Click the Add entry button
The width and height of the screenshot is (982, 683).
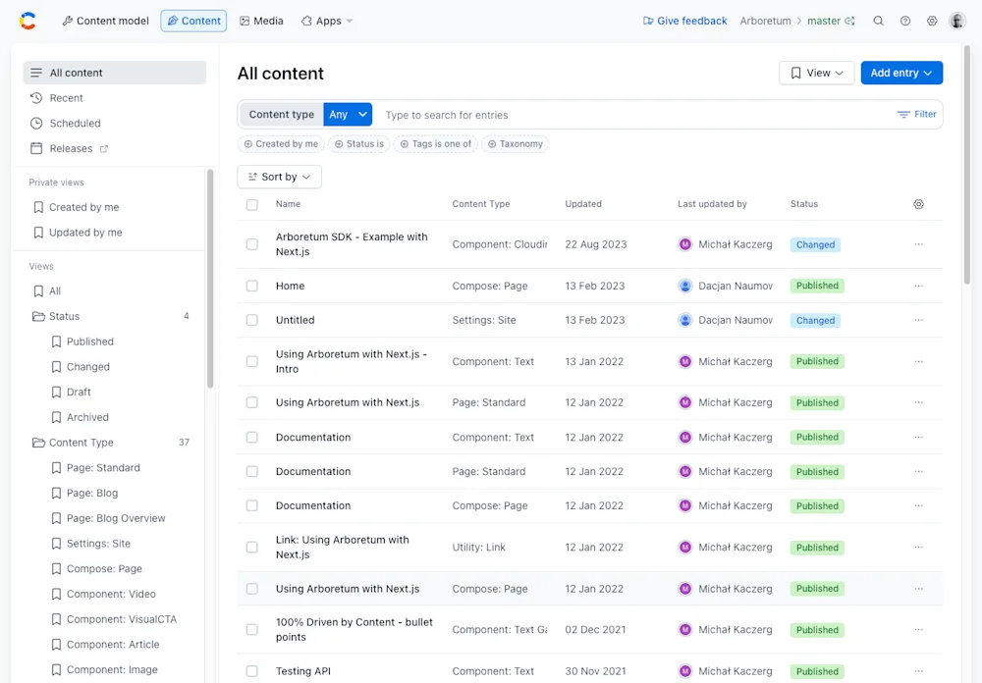900,73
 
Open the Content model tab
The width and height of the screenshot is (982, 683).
105,21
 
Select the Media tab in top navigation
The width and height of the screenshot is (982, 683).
261,21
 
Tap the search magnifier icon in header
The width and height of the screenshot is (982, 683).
879,21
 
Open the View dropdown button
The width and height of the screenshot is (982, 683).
816,73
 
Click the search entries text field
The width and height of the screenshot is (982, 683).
628,115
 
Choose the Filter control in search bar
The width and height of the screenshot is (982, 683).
917,115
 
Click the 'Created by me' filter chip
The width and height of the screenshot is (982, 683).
281,144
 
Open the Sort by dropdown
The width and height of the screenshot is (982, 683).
279,177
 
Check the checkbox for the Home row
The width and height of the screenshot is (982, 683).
252,286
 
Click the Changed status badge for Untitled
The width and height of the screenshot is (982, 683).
815,320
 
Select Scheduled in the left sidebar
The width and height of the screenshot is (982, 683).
75,124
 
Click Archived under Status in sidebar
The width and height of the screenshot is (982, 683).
87,417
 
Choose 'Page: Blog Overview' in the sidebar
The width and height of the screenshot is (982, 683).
116,518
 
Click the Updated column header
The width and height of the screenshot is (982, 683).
583,204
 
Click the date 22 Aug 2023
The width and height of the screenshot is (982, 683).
595,244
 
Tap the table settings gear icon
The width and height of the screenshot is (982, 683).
918,204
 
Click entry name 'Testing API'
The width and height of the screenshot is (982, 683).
302,671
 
